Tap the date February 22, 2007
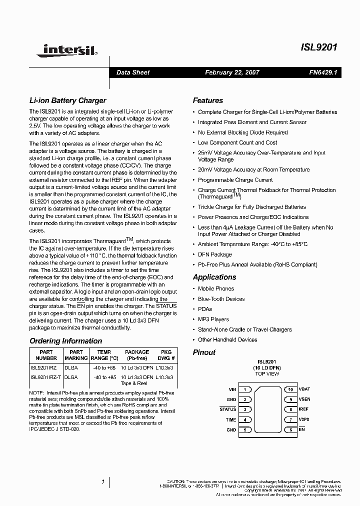pyautogui.click(x=232, y=72)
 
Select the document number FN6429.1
pyautogui.click(x=323, y=72)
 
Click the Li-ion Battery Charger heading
pyautogui.click(x=67, y=100)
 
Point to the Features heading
pyautogui.click(x=208, y=100)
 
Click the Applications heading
pyautogui.click(x=214, y=277)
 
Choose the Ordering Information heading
pyautogui.click(x=65, y=341)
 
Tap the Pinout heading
pyautogui.click(x=204, y=352)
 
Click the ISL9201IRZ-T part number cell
pyautogui.click(x=45, y=377)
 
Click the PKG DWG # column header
pyautogui.click(x=165, y=355)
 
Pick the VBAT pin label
pyautogui.click(x=304, y=389)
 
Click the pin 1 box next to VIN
pyautogui.click(x=245, y=389)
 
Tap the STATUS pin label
pyautogui.click(x=228, y=409)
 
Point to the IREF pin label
pyautogui.click(x=303, y=409)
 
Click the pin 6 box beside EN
pyautogui.click(x=290, y=430)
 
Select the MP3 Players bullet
pyautogui.click(x=213, y=319)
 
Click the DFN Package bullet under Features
pyautogui.click(x=215, y=254)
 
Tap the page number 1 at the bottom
pyautogui.click(x=103, y=482)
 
